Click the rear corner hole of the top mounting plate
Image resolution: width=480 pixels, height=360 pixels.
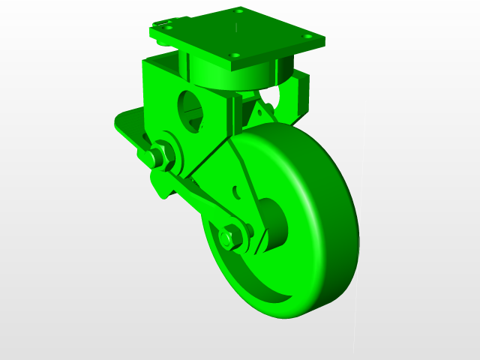click(x=239, y=11)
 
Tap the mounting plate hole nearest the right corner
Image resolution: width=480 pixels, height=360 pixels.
click(x=307, y=36)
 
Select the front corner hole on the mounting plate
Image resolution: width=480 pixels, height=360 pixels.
click(x=234, y=55)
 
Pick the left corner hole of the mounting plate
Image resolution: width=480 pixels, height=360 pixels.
click(x=169, y=28)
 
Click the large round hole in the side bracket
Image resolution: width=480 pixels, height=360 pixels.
click(x=193, y=110)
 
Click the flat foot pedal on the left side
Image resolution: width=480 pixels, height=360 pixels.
click(x=127, y=123)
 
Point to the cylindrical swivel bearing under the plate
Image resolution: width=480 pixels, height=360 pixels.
click(x=240, y=75)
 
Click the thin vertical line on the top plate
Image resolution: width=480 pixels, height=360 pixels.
click(x=235, y=30)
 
